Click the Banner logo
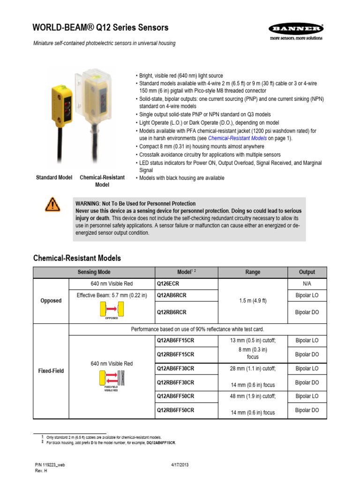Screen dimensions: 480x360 point(295,31)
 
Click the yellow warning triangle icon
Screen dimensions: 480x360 point(52,204)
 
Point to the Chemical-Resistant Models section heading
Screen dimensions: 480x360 point(77,258)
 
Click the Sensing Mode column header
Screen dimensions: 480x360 point(94,272)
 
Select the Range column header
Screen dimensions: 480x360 point(253,272)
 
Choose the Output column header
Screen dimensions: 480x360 point(307,272)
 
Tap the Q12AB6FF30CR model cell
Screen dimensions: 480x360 point(175,368)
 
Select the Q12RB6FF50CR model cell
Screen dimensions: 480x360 point(175,410)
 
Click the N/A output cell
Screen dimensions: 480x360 point(307,284)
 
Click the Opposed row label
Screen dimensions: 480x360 point(51,300)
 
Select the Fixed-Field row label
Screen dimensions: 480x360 point(51,371)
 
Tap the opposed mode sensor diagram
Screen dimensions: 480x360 point(112,309)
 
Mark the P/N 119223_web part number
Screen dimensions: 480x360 point(50,465)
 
